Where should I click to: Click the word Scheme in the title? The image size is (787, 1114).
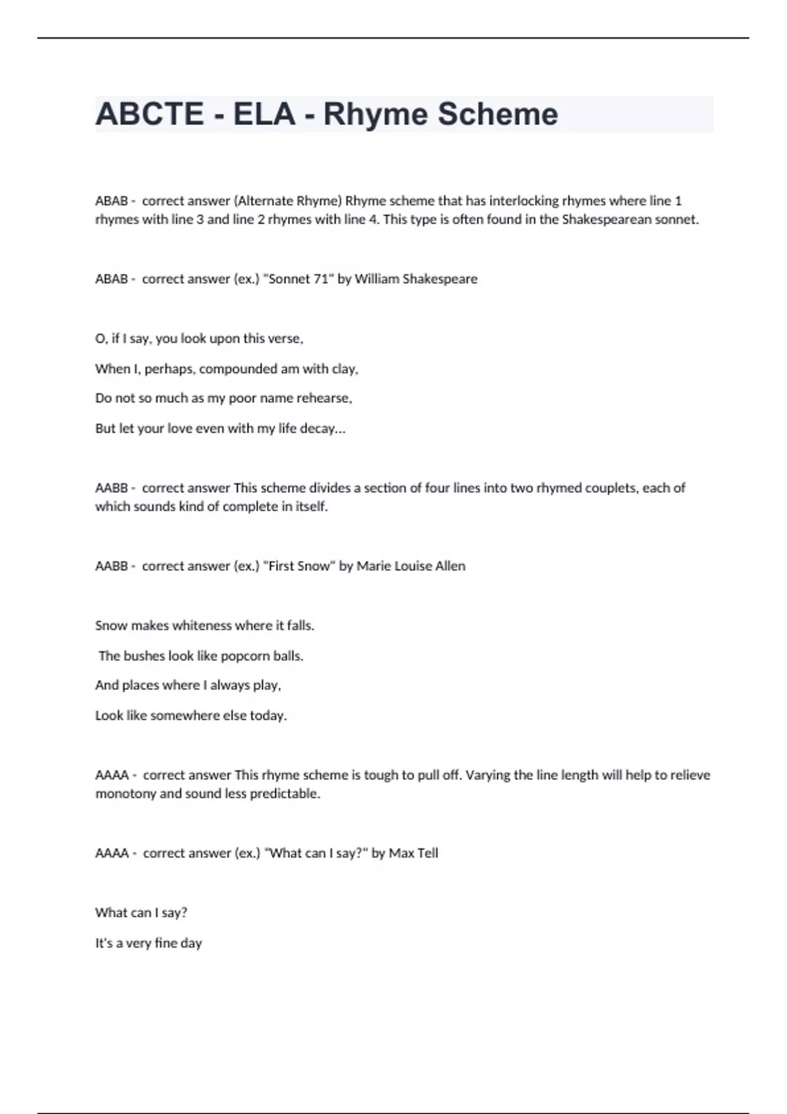click(498, 114)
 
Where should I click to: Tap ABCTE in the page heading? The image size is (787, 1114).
click(150, 114)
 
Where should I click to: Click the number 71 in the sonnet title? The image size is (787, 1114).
click(320, 279)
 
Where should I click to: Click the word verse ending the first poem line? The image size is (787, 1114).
click(285, 339)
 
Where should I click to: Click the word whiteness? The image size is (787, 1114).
click(202, 626)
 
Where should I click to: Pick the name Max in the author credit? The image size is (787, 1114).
click(401, 853)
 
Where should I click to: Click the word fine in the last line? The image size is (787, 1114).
click(166, 943)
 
